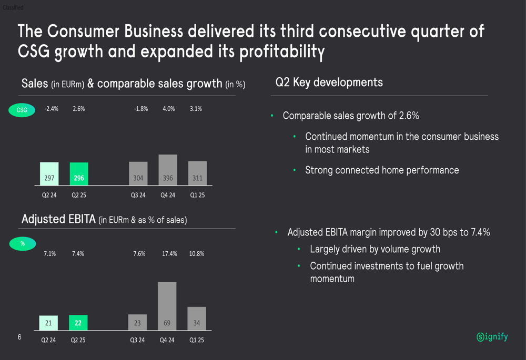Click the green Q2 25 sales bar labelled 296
pyautogui.click(x=79, y=174)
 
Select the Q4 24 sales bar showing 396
pyautogui.click(x=168, y=170)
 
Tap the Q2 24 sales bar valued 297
pyautogui.click(x=49, y=174)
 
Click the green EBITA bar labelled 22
pyautogui.click(x=78, y=323)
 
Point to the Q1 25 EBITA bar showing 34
pyautogui.click(x=197, y=318)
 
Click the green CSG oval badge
pyautogui.click(x=22, y=110)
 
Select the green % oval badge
pyautogui.click(x=23, y=244)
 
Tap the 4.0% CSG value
pyautogui.click(x=168, y=109)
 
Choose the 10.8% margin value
pyautogui.click(x=197, y=254)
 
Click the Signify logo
pyautogui.click(x=492, y=337)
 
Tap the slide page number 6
pyautogui.click(x=19, y=337)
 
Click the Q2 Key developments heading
pyautogui.click(x=329, y=83)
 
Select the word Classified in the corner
pyautogui.click(x=13, y=7)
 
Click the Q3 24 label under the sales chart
pyautogui.click(x=138, y=196)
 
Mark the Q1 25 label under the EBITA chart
pyautogui.click(x=197, y=340)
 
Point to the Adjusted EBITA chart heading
pyautogui.click(x=104, y=219)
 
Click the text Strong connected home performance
pyautogui.click(x=382, y=170)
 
